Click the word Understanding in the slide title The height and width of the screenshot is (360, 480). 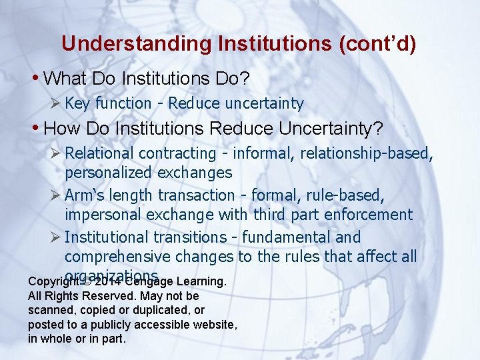[135, 44]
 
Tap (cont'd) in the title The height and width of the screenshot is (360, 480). [377, 44]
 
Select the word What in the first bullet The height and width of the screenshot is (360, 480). [65, 79]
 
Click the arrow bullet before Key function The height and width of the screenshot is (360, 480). [56, 103]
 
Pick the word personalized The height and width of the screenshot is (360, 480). [109, 173]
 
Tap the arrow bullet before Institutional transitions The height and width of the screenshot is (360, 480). [56, 237]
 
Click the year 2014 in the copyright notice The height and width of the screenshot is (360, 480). [107, 281]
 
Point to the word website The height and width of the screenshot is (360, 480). [213, 325]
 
